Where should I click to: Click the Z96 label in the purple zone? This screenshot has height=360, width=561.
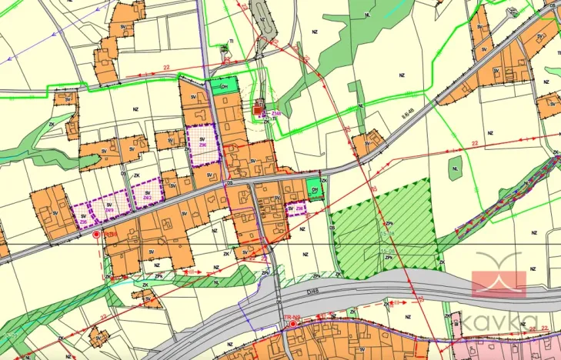[202, 145]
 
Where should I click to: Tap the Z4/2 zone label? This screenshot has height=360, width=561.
[147, 198]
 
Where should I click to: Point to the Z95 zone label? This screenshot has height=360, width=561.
[84, 222]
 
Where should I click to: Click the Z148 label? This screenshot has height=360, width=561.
[275, 113]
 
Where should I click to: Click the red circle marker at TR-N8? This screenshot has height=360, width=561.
[96, 233]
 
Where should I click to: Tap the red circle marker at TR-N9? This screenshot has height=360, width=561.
[292, 325]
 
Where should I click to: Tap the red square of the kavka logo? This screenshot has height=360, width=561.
[498, 284]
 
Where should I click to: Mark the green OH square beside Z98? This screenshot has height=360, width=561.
[313, 186]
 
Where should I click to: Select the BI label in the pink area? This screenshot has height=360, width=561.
[456, 325]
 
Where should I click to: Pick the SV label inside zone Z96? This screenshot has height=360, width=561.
[202, 138]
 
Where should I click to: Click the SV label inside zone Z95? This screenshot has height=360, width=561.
[83, 216]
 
